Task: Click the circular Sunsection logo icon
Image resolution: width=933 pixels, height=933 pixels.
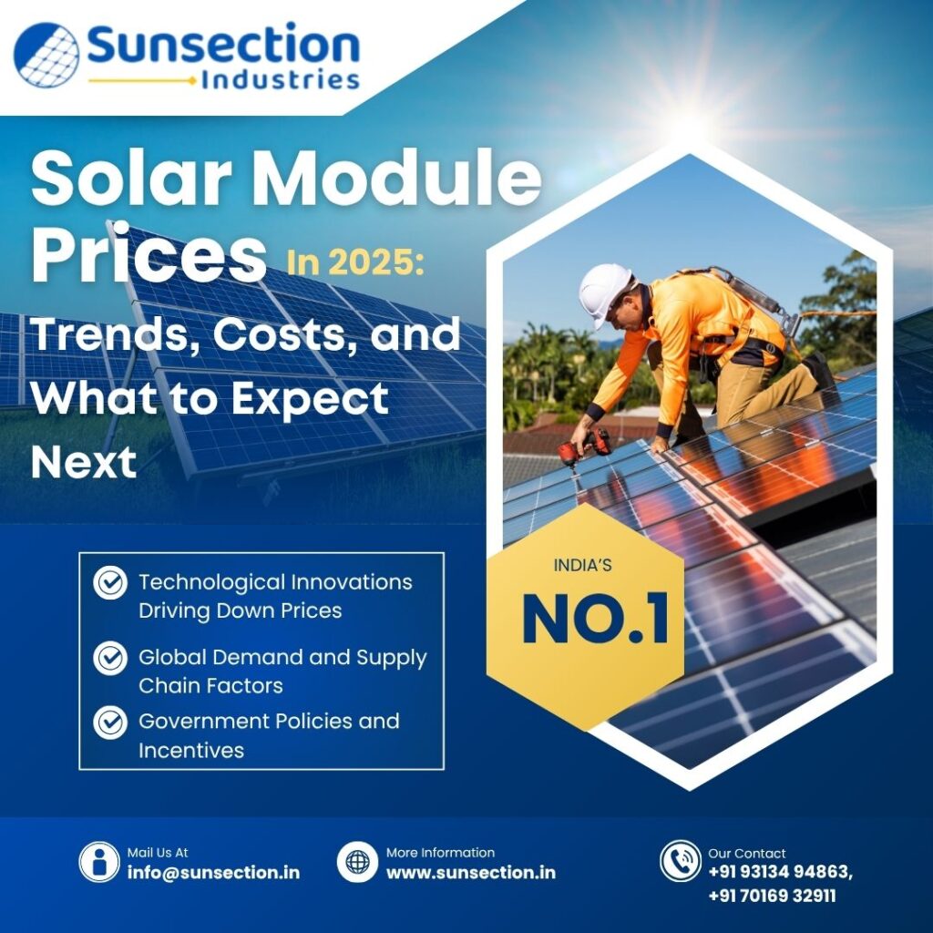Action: pyautogui.click(x=46, y=55)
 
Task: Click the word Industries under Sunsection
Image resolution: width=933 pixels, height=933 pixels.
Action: pyautogui.click(x=280, y=80)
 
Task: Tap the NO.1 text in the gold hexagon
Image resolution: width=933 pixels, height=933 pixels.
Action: pyautogui.click(x=595, y=620)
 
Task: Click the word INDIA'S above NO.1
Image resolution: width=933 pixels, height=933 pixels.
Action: pyautogui.click(x=583, y=566)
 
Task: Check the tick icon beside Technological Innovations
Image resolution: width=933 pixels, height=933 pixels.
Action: pyautogui.click(x=110, y=581)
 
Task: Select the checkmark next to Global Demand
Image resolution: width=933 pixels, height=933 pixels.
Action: pyautogui.click(x=110, y=657)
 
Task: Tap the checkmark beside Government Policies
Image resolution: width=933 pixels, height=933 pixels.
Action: pyautogui.click(x=110, y=722)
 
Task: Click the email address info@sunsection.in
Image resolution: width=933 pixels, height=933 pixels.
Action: pyautogui.click(x=213, y=872)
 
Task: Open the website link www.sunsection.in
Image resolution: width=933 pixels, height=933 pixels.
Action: pyautogui.click(x=470, y=872)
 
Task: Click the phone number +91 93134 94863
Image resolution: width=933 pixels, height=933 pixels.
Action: pyautogui.click(x=780, y=872)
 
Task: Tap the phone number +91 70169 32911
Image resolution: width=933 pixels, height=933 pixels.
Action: pyautogui.click(x=772, y=896)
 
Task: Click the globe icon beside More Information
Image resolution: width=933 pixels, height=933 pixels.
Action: pyautogui.click(x=357, y=861)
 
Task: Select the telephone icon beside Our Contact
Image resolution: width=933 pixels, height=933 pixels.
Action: pyautogui.click(x=680, y=861)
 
